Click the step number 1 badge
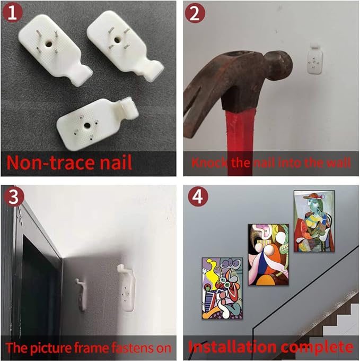tap(12, 13)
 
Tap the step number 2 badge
tap(195, 13)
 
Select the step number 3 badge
tap(13, 197)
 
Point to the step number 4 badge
tap(198, 197)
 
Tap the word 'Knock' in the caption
tap(209, 162)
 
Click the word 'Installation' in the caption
tap(232, 347)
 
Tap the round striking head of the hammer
tap(278, 66)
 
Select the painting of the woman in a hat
tap(314, 221)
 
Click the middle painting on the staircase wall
tap(268, 254)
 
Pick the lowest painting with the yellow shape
tap(222, 288)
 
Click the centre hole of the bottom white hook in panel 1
tap(87, 125)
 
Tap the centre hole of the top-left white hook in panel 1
tap(48, 44)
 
